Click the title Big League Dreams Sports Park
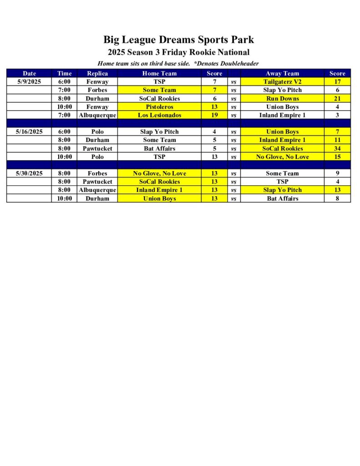tap(178, 40)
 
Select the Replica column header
tap(97, 73)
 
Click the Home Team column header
tap(159, 73)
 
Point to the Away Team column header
tap(282, 73)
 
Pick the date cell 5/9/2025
tap(29, 81)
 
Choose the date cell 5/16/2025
tap(29, 132)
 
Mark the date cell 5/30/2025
tap(29, 173)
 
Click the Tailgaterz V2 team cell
tap(282, 81)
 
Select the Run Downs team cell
tap(282, 98)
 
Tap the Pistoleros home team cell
tap(159, 106)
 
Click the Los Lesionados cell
tap(159, 115)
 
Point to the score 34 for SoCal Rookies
tap(337, 148)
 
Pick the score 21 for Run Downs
tap(337, 98)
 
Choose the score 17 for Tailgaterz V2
tap(337, 81)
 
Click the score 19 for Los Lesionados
tap(214, 115)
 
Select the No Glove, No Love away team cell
tap(282, 157)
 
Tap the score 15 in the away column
tap(337, 157)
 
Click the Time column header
tap(64, 73)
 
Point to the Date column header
tap(29, 73)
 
